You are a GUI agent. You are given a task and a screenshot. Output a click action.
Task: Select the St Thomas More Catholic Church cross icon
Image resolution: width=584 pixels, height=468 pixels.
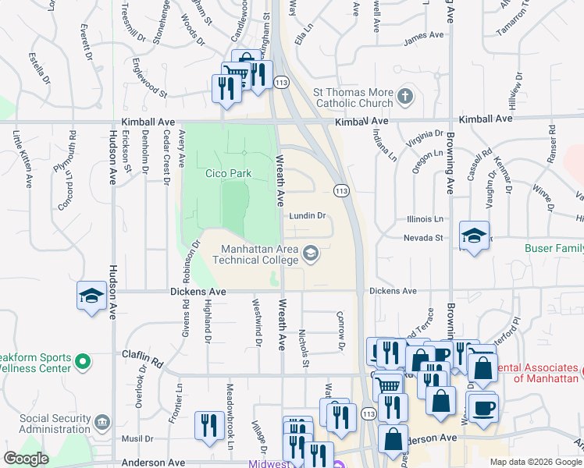pos(404,96)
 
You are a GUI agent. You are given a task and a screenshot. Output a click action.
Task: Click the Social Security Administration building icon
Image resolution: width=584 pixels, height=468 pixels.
pos(102,423)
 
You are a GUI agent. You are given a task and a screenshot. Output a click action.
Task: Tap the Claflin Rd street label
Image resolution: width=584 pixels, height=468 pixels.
pos(142,357)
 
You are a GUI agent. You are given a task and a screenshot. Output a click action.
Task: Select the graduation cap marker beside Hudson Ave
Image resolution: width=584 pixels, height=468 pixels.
pos(92,296)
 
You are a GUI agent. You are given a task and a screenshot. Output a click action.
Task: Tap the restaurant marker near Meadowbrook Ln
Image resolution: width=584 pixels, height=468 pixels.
pos(208,425)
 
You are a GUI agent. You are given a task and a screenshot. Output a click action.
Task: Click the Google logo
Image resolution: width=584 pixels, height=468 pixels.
pos(26,459)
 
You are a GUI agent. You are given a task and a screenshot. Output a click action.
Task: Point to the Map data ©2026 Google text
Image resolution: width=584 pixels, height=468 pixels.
pos(535,462)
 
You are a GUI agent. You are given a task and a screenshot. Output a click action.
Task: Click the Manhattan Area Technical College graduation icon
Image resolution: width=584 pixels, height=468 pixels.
pos(311,252)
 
